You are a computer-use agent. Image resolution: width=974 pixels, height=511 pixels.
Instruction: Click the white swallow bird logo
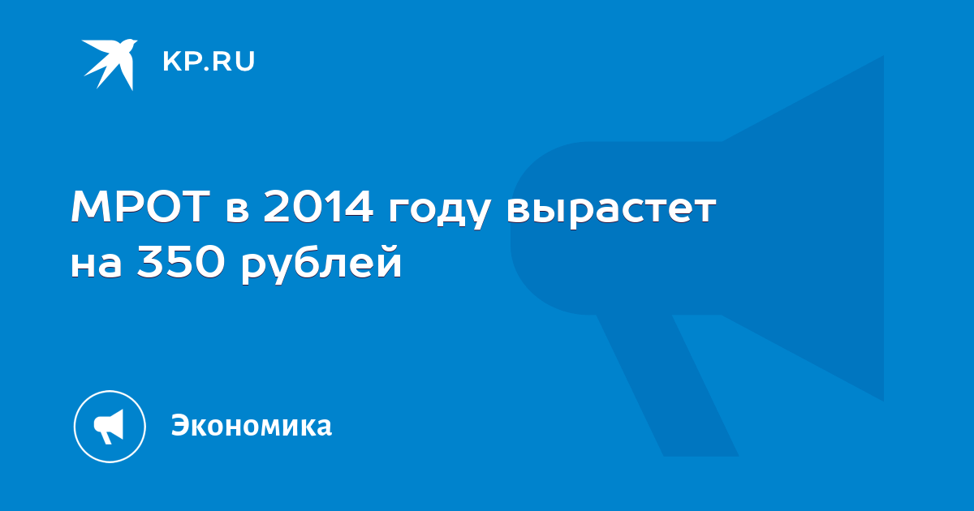pos(110,64)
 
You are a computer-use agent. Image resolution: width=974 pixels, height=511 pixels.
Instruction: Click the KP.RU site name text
pos(209,62)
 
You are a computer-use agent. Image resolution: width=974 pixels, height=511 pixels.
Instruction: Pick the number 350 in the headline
pos(180,261)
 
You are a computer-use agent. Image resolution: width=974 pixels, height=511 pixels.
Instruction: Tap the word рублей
pos(321,262)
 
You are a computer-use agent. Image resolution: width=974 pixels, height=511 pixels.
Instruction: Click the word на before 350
pos(97,265)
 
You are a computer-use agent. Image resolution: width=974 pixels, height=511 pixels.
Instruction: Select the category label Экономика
pos(252,425)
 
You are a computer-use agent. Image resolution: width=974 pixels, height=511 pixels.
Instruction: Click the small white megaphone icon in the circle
pos(109,427)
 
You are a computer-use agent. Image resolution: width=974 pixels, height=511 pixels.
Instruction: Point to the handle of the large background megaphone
pos(667,385)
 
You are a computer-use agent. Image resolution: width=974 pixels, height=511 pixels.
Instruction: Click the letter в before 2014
pos(237,211)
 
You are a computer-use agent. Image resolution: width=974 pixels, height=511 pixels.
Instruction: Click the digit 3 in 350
pos(149,261)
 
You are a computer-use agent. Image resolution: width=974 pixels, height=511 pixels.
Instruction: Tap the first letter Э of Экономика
pos(181,425)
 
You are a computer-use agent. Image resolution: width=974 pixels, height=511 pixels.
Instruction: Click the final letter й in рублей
pos(389,260)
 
